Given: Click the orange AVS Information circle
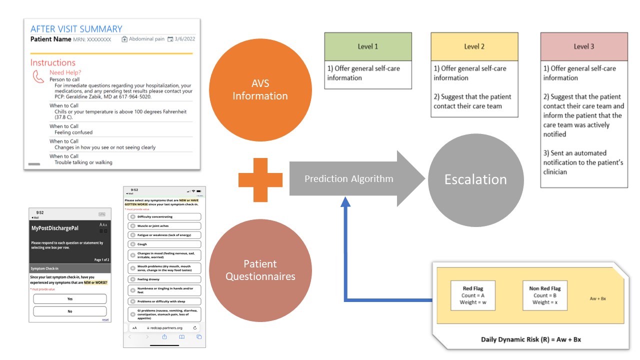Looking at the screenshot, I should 260,90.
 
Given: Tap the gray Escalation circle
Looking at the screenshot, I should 475,179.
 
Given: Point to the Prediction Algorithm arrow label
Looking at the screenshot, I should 348,179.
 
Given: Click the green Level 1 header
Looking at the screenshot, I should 367,46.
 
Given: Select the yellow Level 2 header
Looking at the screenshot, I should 474,46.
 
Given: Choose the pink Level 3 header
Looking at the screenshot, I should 583,46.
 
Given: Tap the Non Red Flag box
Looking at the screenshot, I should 544,295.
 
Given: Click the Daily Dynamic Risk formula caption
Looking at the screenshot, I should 530,339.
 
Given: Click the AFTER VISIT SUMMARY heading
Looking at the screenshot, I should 76,29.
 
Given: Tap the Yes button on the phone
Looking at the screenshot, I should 70,299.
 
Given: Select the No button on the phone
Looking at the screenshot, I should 70,311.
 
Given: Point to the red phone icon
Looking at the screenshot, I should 38,76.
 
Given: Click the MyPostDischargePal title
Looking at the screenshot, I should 55,228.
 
